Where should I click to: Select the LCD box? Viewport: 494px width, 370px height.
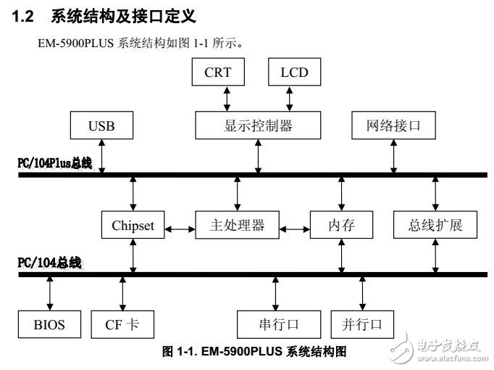tap(293, 73)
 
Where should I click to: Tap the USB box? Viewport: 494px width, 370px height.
tap(101, 126)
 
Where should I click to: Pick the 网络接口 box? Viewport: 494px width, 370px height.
tap(394, 126)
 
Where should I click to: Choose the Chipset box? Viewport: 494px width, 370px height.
tap(133, 226)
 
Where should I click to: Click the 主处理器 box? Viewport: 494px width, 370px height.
tap(238, 225)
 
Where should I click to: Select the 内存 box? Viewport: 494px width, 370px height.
tap(341, 225)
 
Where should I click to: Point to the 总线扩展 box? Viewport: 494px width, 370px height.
tap(435, 225)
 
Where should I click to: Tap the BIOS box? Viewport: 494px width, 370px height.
tap(49, 324)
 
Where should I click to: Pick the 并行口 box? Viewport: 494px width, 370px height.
tap(361, 324)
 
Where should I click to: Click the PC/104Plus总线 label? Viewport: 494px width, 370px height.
tap(55, 163)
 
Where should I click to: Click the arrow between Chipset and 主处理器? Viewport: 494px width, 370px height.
tap(180, 229)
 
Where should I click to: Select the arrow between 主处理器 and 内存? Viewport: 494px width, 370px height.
tap(295, 229)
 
